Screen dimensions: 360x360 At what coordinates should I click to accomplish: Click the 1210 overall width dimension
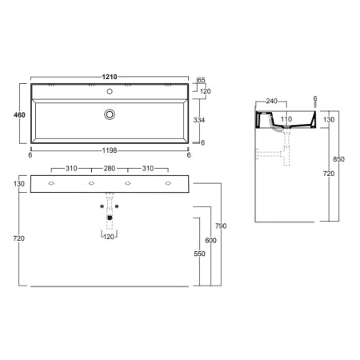[x=110, y=77]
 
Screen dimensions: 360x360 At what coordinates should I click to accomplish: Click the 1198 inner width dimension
[x=110, y=150]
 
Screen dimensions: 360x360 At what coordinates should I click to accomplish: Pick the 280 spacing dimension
[x=110, y=170]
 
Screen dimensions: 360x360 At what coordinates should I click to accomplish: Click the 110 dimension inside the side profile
[x=286, y=118]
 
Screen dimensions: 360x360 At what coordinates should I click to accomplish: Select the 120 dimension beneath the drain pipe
[x=109, y=236]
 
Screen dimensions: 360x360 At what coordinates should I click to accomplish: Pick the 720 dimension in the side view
[x=328, y=172]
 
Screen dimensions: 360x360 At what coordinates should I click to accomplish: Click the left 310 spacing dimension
[x=71, y=170]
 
